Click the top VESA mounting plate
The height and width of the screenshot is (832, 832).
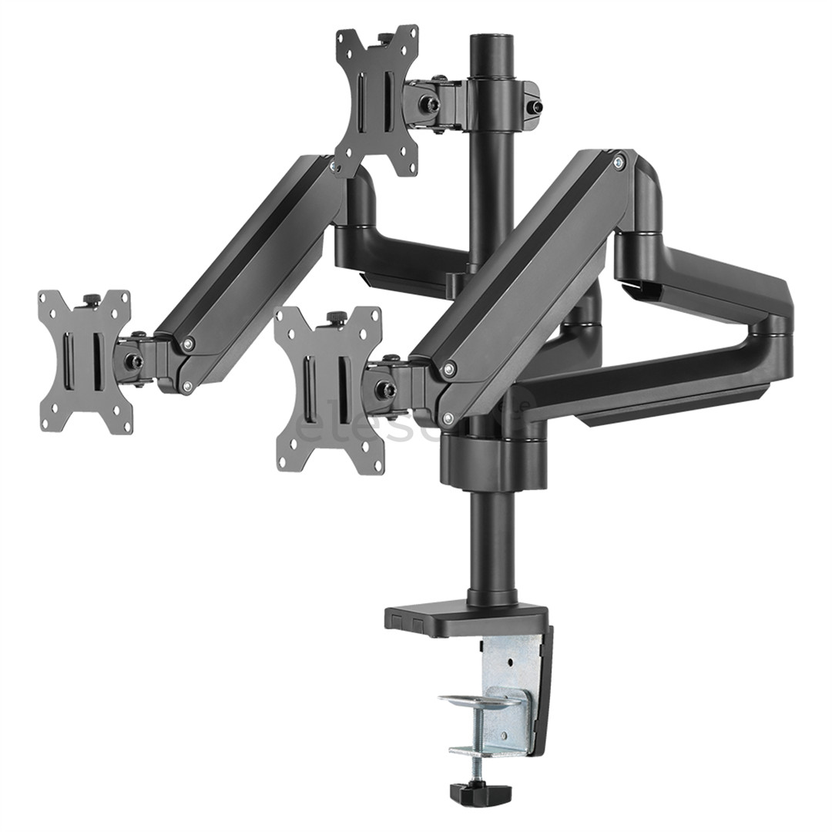tap(377, 100)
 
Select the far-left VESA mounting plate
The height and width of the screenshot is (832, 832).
tap(85, 361)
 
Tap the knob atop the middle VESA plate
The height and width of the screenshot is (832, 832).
tap(337, 317)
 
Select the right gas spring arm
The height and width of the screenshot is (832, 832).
tap(532, 277)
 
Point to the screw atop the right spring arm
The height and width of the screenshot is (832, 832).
tap(619, 161)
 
